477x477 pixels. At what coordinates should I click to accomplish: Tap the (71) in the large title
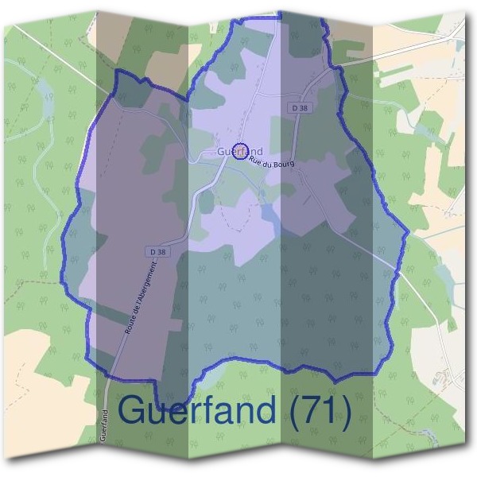coord(318,410)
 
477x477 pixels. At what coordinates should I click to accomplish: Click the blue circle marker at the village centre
coord(242,151)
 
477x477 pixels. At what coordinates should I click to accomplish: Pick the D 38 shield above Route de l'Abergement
coord(158,251)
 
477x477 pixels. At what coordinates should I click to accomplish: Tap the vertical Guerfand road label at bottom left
coord(104,425)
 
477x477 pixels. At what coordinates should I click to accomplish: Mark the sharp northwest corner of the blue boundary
coord(117,72)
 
